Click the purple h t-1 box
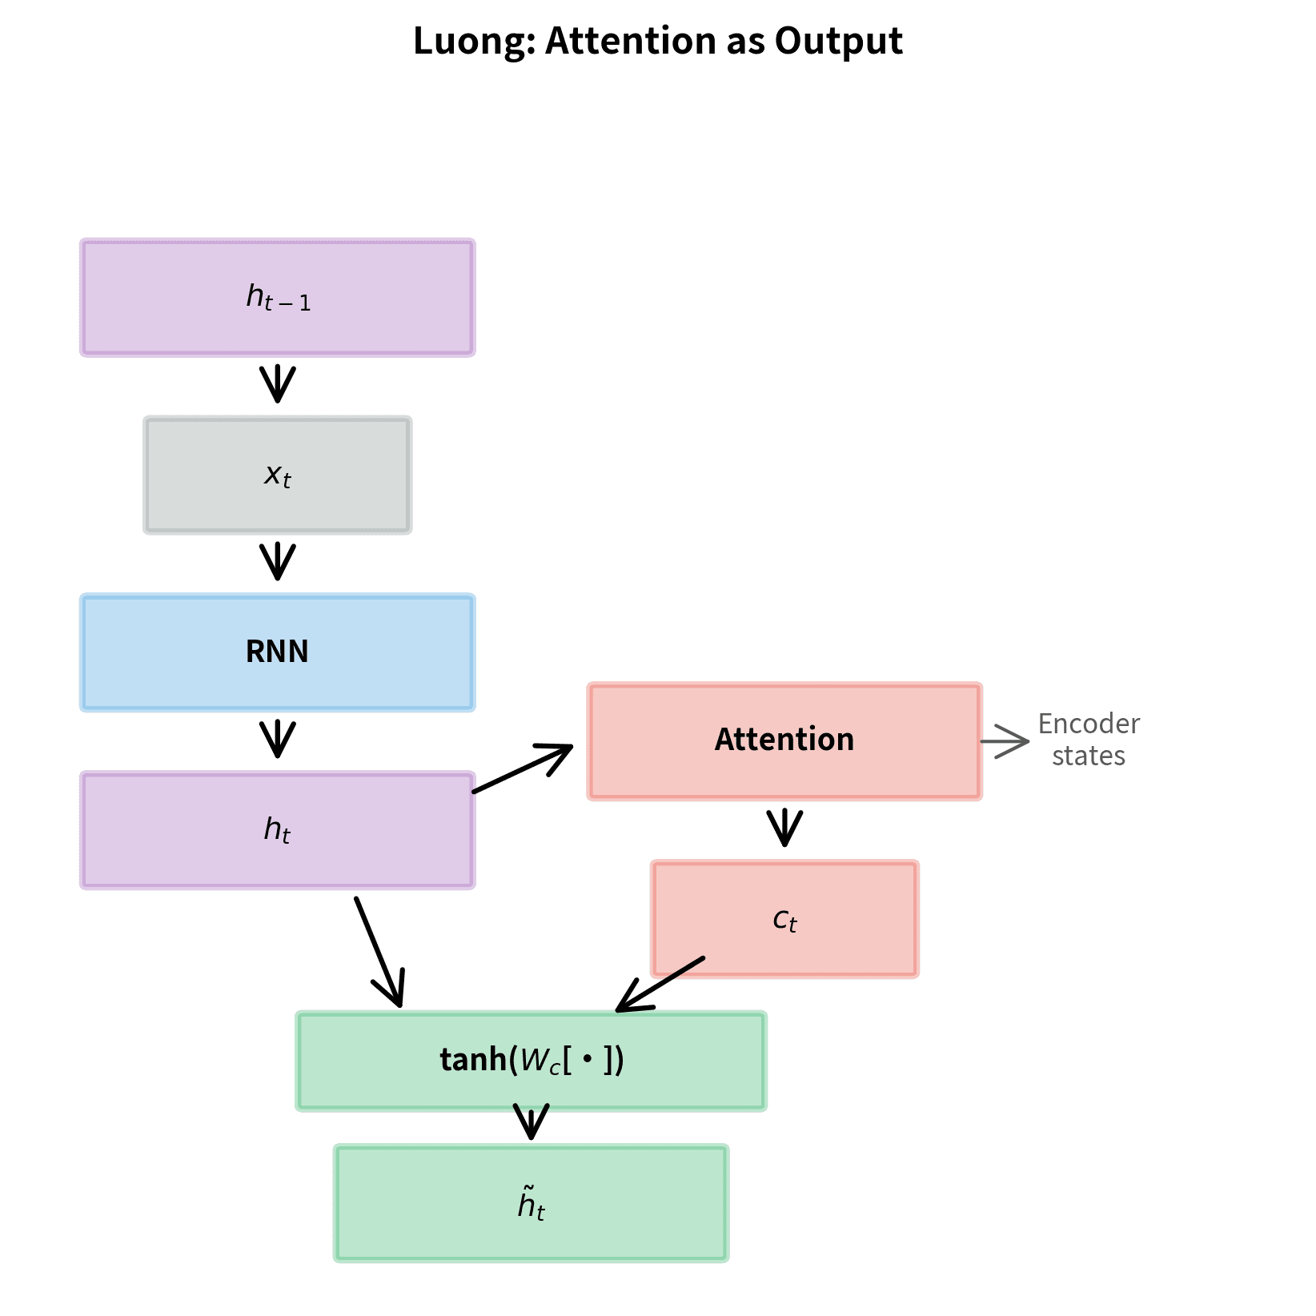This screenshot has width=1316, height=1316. [x=277, y=298]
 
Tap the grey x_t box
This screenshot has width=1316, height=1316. [x=277, y=475]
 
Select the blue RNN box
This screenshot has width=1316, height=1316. [x=277, y=652]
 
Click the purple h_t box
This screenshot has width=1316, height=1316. [x=277, y=830]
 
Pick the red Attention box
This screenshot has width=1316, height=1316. [x=784, y=741]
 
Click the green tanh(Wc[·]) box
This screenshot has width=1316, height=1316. [x=531, y=1061]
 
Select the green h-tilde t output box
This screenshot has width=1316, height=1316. [x=531, y=1203]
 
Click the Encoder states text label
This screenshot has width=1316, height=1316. [x=1088, y=740]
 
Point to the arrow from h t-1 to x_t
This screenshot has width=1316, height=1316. [x=277, y=385]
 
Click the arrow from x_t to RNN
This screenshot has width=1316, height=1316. [x=277, y=563]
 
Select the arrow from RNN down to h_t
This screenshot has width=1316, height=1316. [x=277, y=740]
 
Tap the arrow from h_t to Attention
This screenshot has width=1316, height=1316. [x=522, y=769]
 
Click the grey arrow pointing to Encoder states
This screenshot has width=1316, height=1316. [x=1005, y=741]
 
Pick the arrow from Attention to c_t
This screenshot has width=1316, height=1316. [x=784, y=829]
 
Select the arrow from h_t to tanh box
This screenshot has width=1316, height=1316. [x=379, y=952]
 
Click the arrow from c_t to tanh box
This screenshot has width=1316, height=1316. [x=660, y=985]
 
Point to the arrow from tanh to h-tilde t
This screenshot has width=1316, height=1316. [x=531, y=1121]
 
